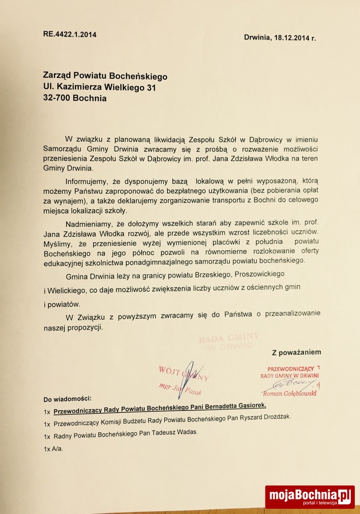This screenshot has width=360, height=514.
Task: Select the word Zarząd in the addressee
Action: pos(60,77)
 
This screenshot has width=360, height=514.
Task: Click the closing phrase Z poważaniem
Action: pos(296,352)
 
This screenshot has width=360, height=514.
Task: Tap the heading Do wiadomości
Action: pos(67,399)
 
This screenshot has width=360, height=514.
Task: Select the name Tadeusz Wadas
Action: pos(172,433)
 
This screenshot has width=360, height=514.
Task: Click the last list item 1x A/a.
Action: pos(53,449)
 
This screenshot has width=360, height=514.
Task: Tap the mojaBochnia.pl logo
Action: pos(310,497)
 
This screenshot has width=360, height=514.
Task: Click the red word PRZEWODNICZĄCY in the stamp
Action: pos(290,369)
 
